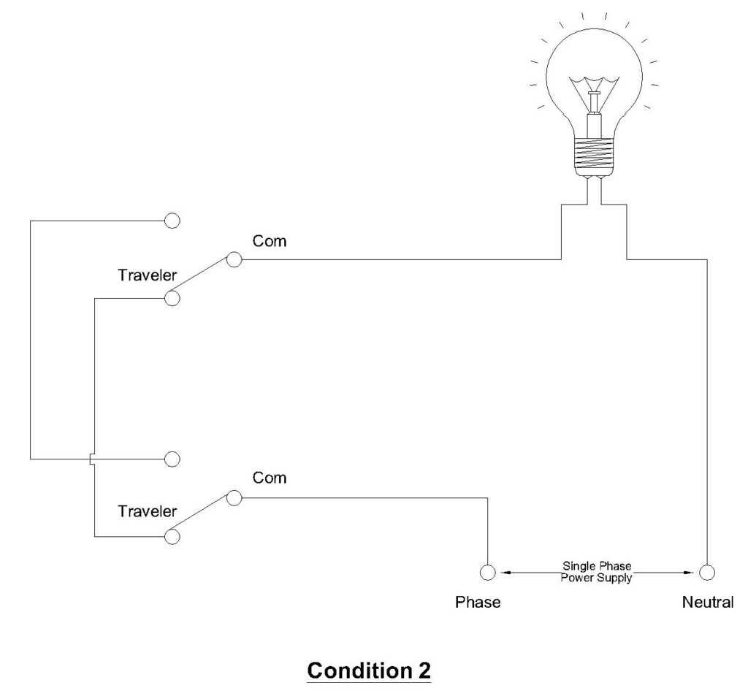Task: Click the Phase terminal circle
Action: (487, 572)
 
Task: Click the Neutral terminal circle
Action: (706, 572)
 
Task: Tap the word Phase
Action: (478, 603)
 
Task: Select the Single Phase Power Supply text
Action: (596, 571)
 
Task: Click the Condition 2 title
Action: (369, 669)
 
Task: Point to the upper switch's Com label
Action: (270, 241)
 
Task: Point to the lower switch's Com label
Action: (270, 478)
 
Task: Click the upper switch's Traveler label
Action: (147, 275)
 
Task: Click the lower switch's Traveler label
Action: (147, 511)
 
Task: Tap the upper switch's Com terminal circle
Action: (234, 259)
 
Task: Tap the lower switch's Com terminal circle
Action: (234, 497)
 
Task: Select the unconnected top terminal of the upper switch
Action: (172, 220)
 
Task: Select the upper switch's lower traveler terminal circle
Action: (172, 298)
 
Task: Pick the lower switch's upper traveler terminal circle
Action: (172, 459)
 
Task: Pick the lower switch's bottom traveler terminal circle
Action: (172, 537)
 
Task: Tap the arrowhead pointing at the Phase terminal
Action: (502, 572)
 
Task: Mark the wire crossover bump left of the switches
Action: (90, 459)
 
